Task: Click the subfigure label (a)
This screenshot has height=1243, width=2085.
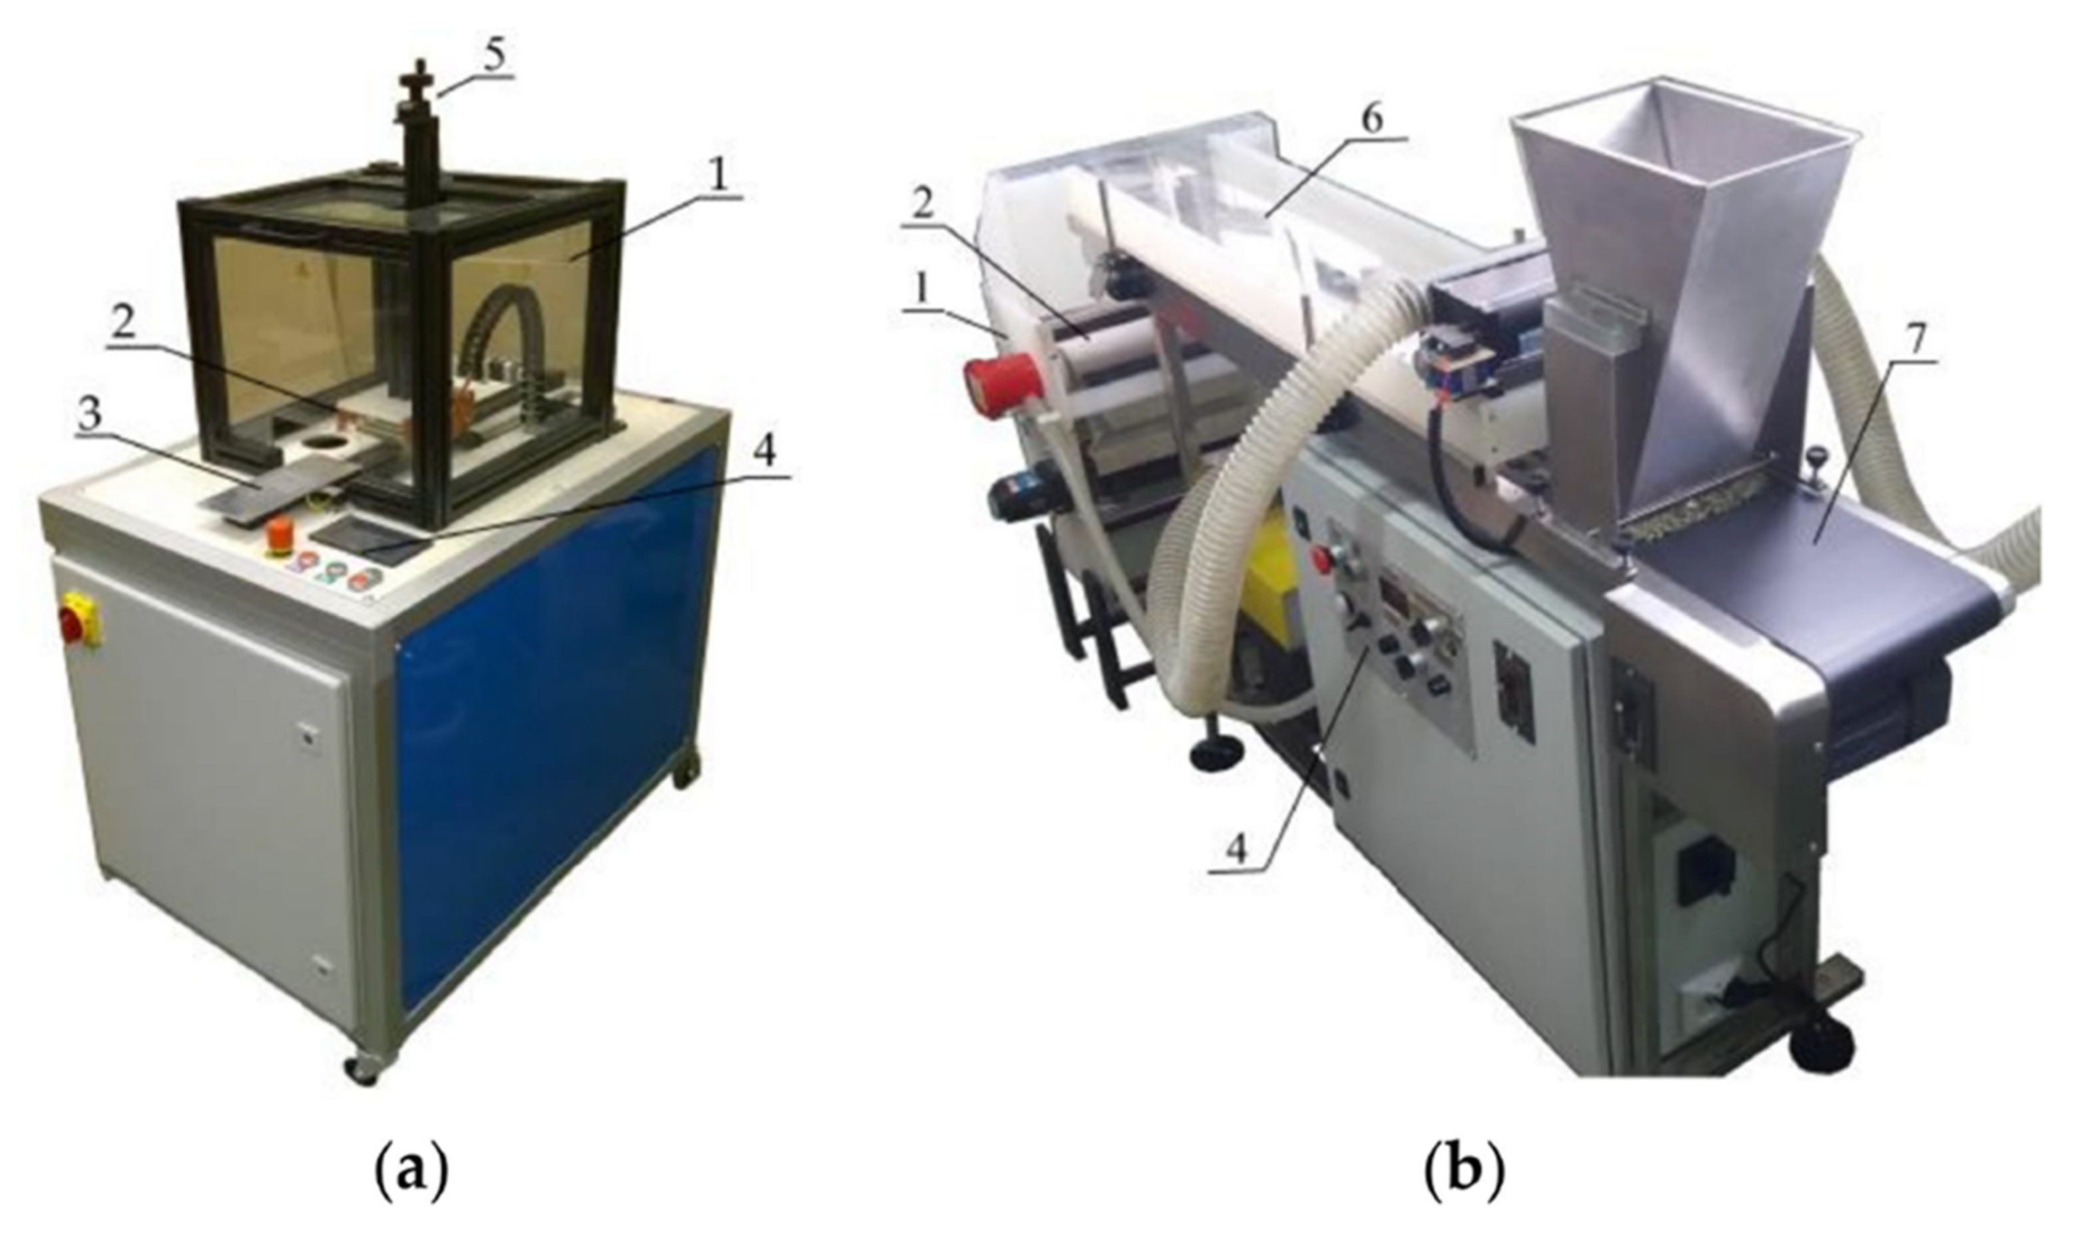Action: [409, 1174]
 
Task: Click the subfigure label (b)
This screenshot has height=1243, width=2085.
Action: [1463, 1174]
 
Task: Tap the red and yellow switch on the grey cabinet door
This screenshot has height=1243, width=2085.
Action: [80, 619]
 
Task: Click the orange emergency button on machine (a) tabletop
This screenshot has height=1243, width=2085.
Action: [279, 537]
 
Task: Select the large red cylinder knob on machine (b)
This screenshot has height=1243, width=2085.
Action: [1002, 383]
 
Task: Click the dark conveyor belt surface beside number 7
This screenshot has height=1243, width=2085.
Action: [1801, 578]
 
